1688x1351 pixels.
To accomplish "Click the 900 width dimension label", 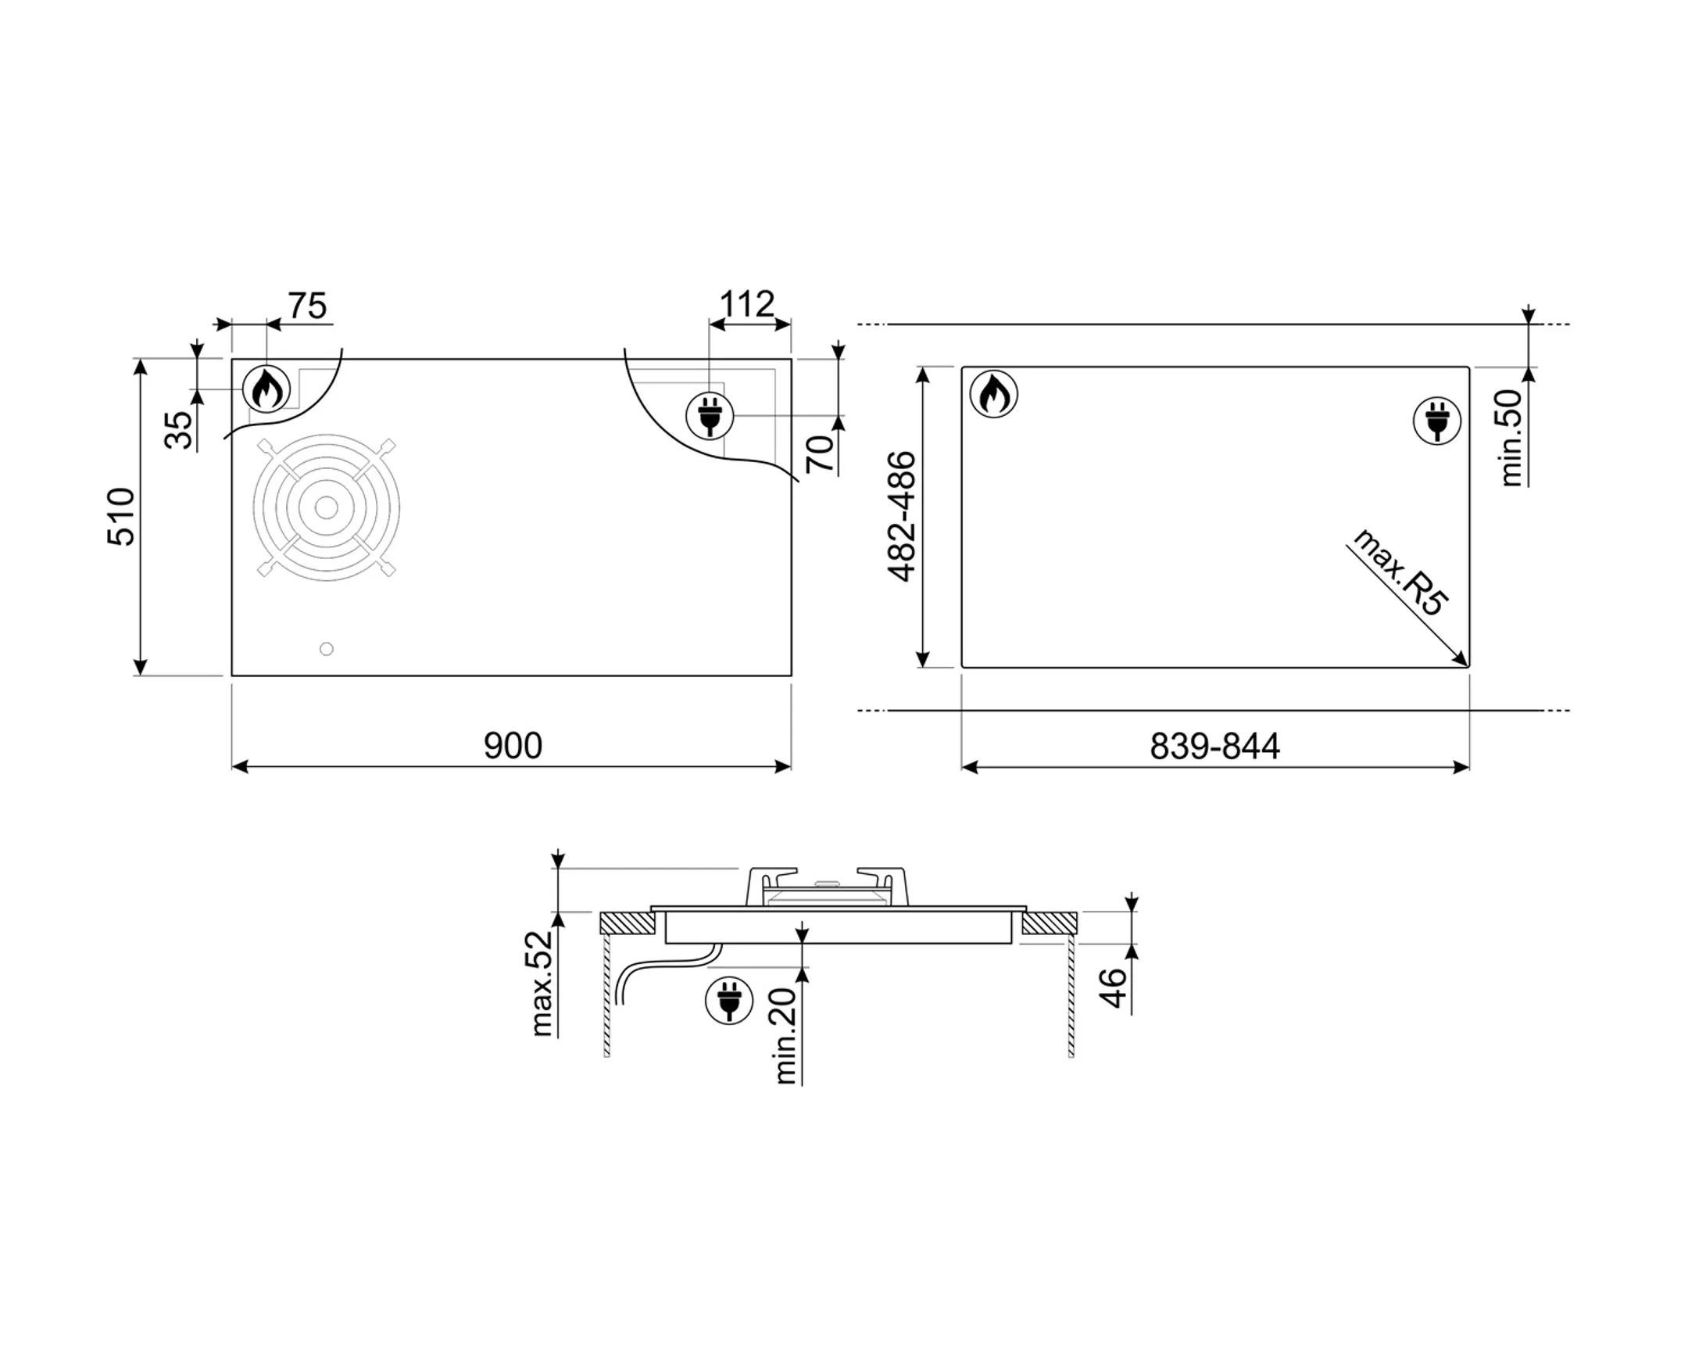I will point(513,746).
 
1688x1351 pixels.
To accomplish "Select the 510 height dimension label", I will point(121,517).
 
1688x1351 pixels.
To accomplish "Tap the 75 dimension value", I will point(307,306).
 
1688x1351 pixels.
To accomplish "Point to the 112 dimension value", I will point(746,304).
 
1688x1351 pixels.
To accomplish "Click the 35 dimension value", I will point(179,429).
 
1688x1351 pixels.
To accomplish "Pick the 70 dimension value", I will point(820,453).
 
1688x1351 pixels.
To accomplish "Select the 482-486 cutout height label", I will point(901,517).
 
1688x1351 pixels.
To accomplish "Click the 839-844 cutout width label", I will point(1214,747).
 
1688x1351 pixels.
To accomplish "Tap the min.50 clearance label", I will point(1511,439).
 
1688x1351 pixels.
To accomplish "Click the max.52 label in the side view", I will point(542,984).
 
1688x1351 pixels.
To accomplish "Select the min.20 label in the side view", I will point(785,1035).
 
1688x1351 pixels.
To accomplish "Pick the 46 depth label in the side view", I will point(1113,987).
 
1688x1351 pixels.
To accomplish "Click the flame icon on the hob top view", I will point(266,388).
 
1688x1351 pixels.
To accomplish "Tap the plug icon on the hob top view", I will point(710,416).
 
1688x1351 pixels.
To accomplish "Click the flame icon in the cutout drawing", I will point(993,394).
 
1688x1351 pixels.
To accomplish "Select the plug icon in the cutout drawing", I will point(1436,421).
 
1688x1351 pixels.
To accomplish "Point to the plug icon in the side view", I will point(729,1001).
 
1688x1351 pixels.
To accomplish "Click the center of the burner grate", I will point(327,507).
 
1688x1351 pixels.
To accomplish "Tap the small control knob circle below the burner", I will point(327,648).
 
